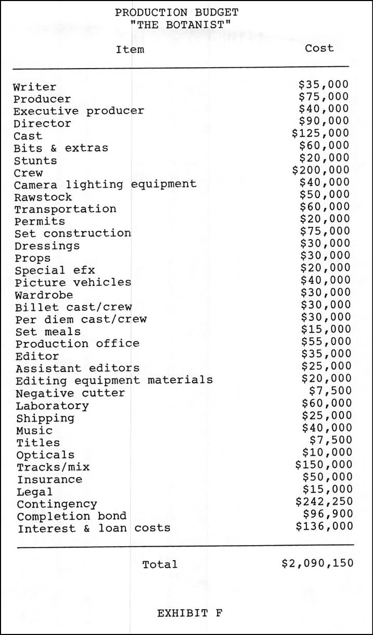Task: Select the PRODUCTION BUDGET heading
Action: [x=177, y=12]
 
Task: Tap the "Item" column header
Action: [x=130, y=49]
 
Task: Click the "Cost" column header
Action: [x=319, y=48]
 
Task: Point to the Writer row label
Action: [x=34, y=87]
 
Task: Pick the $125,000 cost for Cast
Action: [x=320, y=133]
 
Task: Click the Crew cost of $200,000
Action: [x=320, y=170]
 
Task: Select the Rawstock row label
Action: [x=43, y=197]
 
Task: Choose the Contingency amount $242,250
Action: [x=324, y=501]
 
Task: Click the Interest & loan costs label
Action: [x=94, y=528]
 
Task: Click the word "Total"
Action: [x=160, y=564]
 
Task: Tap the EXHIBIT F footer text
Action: [x=190, y=613]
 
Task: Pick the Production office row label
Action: [x=77, y=343]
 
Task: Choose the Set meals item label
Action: [x=48, y=332]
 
